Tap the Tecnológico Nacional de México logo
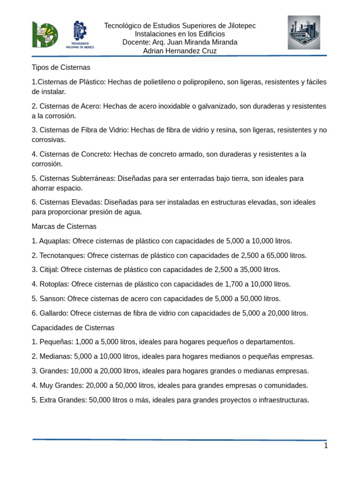tap(82, 35)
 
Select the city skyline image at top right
tap(304, 32)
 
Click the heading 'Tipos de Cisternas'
tap(61, 67)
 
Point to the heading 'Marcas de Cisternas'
tap(64, 226)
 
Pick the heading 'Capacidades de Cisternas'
tap(73, 328)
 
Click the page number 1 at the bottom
tap(326, 446)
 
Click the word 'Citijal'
tap(49, 270)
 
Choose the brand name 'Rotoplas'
tap(54, 284)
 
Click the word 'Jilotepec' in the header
tap(239, 25)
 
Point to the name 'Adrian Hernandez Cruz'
tap(180, 51)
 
